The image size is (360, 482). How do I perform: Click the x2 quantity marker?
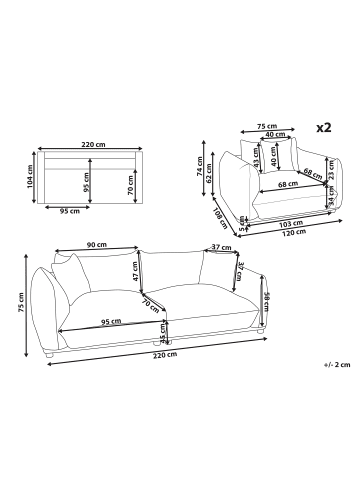point(324,128)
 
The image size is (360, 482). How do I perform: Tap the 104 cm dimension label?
point(29,178)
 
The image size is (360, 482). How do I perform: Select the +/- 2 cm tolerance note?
point(337,364)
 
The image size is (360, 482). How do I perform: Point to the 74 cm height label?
point(199,166)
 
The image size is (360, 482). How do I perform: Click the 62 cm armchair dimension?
point(209,173)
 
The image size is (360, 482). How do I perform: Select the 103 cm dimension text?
point(291,223)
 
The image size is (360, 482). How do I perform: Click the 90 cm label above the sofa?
point(97,245)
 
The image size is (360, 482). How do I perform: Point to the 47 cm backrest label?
point(135,271)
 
